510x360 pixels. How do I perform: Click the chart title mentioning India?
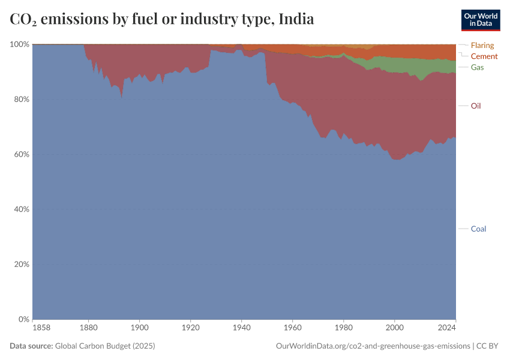[x=162, y=19]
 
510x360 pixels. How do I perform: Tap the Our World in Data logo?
[x=480, y=19]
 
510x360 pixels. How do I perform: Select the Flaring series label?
[x=482, y=45]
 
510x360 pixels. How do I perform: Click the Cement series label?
[x=484, y=56]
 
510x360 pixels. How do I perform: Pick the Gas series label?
[x=477, y=67]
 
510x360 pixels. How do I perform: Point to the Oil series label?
[x=476, y=106]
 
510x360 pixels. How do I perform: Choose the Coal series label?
[x=478, y=229]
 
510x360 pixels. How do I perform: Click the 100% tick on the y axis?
[x=20, y=44]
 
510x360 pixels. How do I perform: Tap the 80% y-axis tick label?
[x=22, y=100]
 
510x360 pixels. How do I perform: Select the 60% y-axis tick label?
[x=22, y=154]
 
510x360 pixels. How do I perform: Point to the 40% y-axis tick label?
[x=22, y=209]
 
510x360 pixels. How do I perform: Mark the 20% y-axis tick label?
[x=22, y=265]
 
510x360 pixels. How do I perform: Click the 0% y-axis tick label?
[x=23, y=319]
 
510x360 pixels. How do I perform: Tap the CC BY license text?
[x=488, y=346]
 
